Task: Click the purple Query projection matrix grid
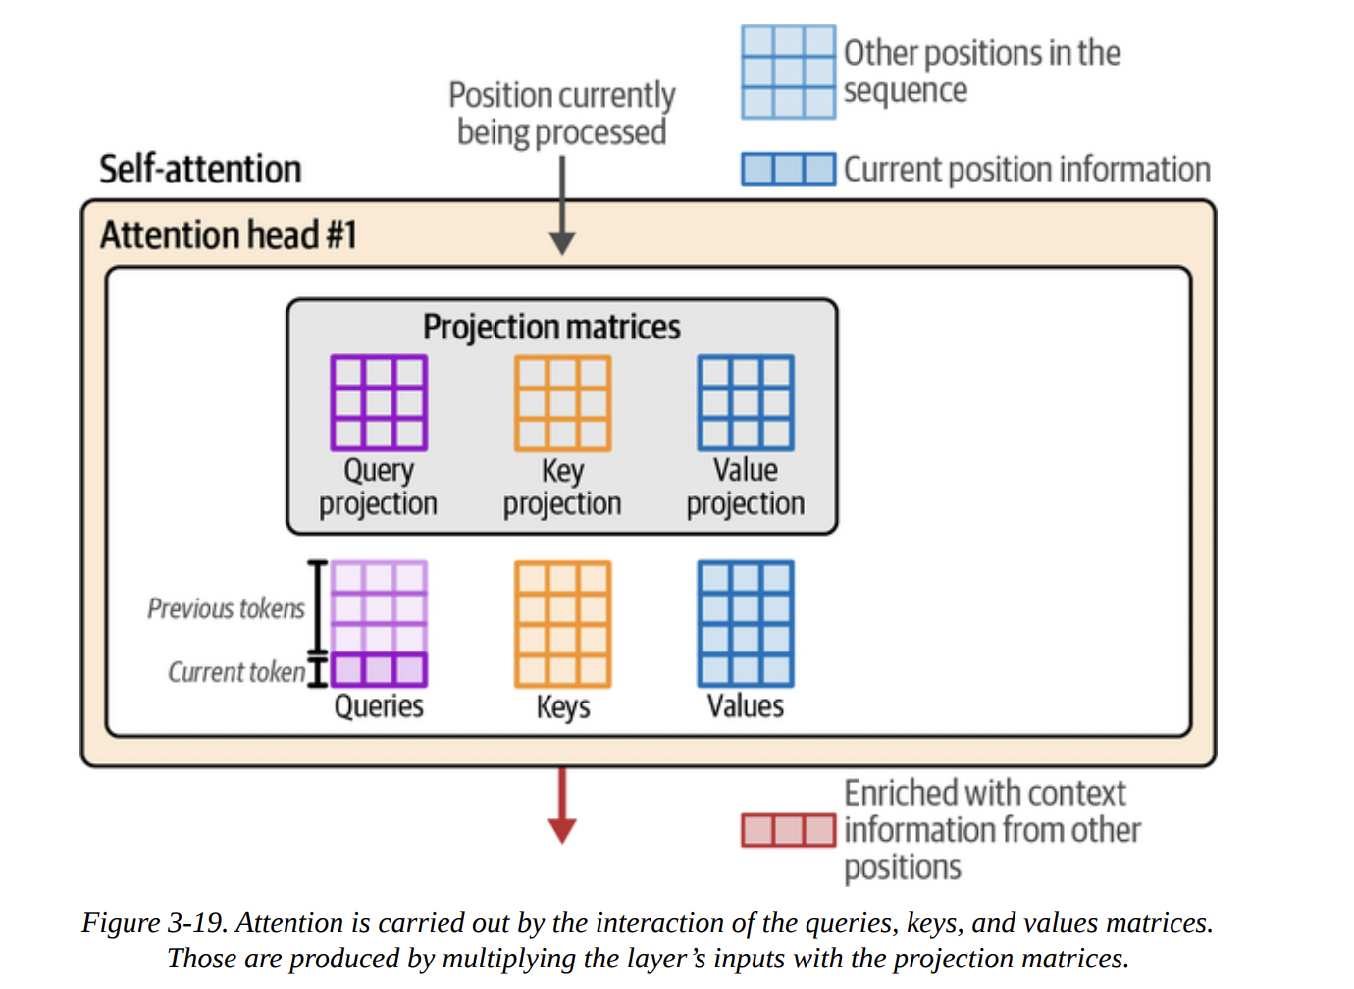pos(379,403)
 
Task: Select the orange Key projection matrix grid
pos(562,403)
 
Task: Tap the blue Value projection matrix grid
pos(746,403)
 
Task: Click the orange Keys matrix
pos(562,624)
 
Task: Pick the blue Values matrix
pos(746,624)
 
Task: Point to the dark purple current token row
pos(379,670)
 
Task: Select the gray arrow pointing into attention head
pos(562,206)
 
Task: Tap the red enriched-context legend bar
pos(788,830)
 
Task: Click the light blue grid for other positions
pos(788,72)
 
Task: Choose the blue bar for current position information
pos(788,169)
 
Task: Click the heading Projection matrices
pos(551,327)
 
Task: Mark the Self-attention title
pos(200,169)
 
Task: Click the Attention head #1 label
pos(228,235)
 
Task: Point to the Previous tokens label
pos(226,608)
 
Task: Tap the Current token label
pos(236,672)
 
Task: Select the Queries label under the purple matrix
pos(379,706)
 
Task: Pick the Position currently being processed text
pos(562,114)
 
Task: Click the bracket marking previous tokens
pos(317,606)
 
